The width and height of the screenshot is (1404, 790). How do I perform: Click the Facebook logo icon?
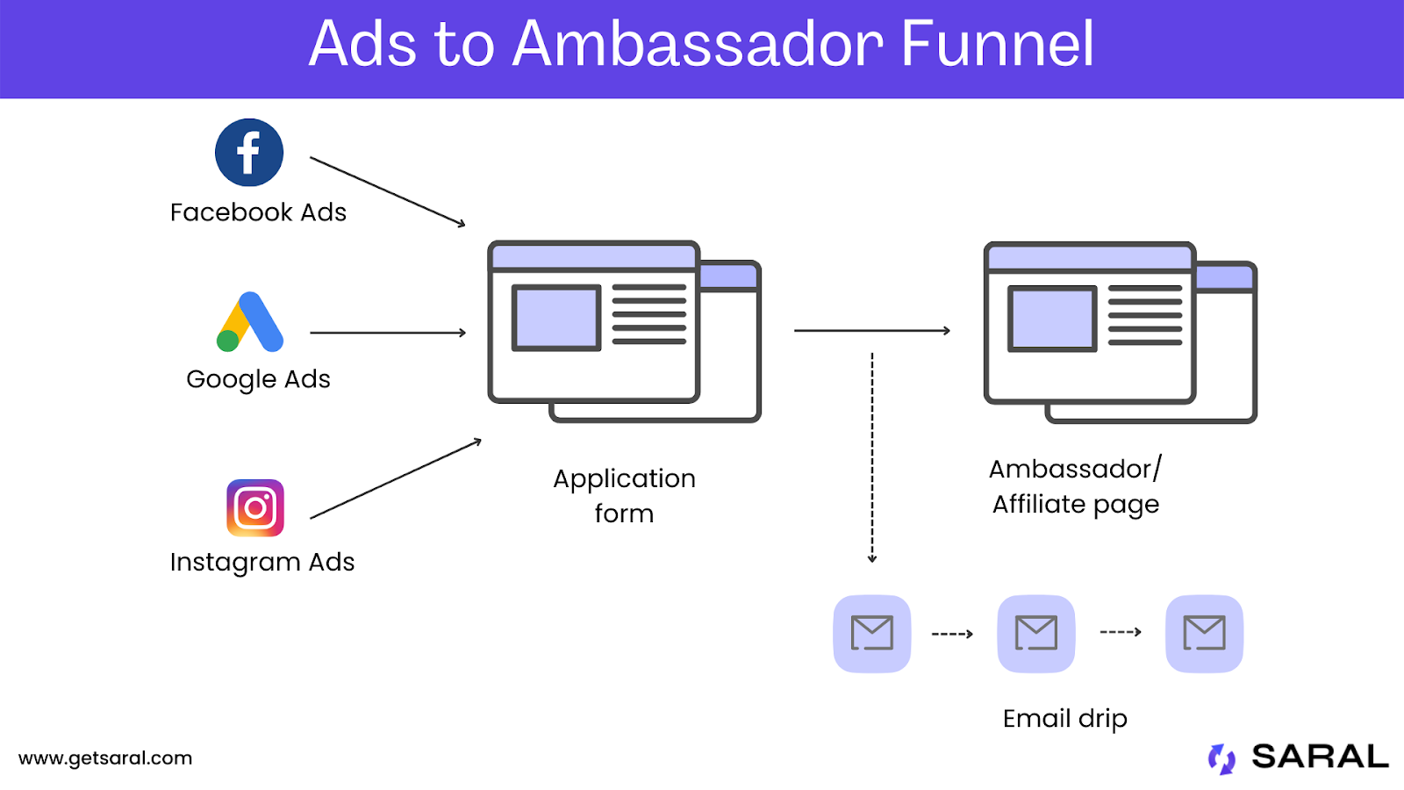[249, 153]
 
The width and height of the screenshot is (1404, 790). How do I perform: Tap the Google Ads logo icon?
[250, 321]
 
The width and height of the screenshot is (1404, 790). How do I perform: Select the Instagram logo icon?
[255, 508]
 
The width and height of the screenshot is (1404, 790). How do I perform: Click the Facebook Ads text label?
[258, 212]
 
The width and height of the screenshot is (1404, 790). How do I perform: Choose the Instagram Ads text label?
[262, 563]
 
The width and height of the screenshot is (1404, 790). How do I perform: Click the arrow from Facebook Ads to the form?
[388, 192]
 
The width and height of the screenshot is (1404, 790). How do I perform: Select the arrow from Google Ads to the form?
[388, 333]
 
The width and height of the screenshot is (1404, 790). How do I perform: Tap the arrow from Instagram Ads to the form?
[396, 479]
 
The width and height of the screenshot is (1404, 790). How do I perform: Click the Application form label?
[624, 496]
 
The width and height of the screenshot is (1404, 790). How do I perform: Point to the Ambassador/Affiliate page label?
[1076, 487]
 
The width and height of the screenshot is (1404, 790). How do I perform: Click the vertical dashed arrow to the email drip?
[872, 458]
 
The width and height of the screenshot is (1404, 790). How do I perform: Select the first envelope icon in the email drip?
[872, 634]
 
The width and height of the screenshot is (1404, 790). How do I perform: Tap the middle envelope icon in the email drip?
[1036, 634]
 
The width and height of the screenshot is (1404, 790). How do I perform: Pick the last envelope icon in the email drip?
[1204, 634]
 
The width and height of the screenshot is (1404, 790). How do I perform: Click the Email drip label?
[1065, 719]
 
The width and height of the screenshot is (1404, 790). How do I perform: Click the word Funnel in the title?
[998, 43]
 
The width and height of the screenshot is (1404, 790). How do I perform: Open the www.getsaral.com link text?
[105, 758]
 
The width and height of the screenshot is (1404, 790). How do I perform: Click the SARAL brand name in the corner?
[1320, 756]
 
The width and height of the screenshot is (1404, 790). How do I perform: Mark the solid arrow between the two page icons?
[872, 330]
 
